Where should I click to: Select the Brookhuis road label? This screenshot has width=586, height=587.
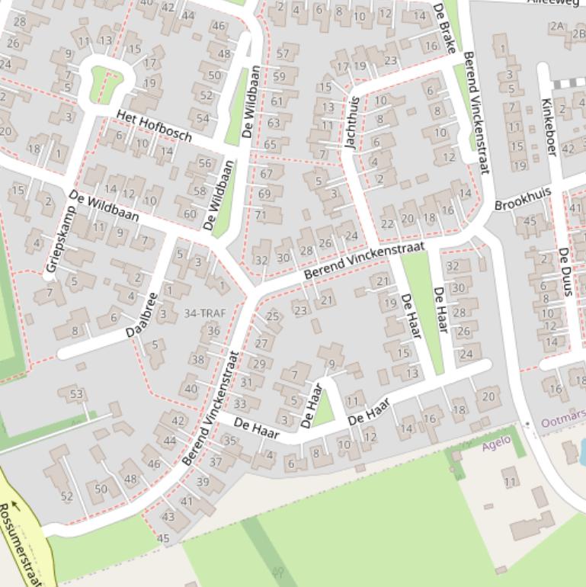[x=522, y=199]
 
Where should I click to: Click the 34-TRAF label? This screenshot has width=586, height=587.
[x=205, y=313]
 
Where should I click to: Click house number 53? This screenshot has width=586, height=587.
[x=76, y=394]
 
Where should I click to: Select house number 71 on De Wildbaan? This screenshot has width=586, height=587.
[x=261, y=215]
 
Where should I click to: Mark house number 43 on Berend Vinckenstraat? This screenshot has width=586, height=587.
[x=168, y=516]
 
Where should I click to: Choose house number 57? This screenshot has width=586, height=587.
[x=283, y=53]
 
